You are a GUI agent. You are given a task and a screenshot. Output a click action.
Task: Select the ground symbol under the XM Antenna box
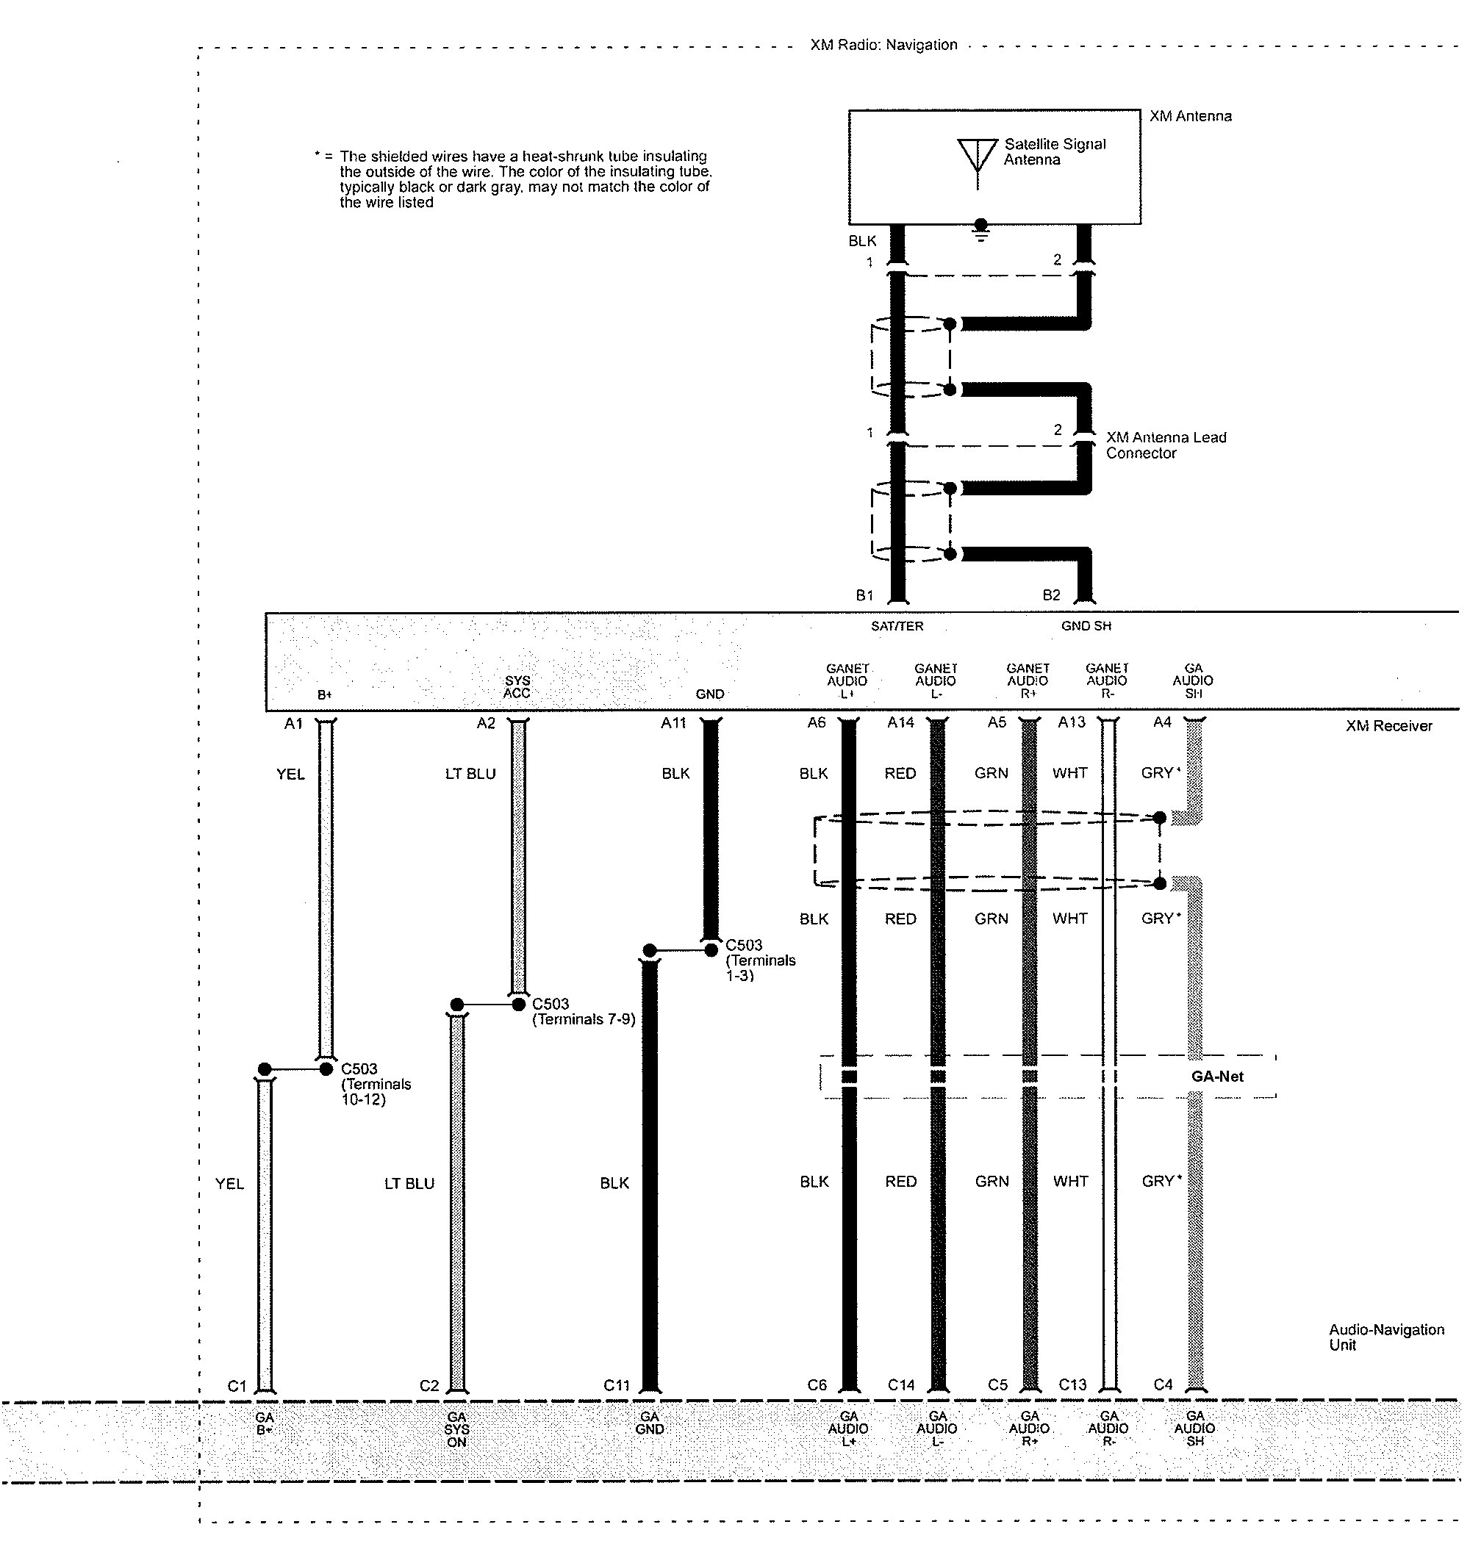tap(980, 231)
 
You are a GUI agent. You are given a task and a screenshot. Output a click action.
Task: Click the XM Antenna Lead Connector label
tap(1166, 445)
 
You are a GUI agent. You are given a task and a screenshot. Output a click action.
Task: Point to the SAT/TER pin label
tap(897, 626)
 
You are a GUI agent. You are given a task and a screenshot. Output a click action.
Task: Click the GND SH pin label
tap(1086, 626)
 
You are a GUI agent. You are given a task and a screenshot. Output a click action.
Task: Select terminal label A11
tap(673, 723)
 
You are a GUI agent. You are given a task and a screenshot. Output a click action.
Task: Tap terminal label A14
tap(900, 722)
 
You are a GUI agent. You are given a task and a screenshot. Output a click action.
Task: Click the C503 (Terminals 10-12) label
tap(376, 1085)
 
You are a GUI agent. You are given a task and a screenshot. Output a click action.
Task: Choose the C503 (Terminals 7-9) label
tap(584, 1011)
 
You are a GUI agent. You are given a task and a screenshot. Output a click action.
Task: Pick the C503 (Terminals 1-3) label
tap(760, 960)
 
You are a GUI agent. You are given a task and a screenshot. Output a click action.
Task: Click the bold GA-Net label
tap(1217, 1077)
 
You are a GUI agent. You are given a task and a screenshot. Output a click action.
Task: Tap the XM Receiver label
tap(1388, 726)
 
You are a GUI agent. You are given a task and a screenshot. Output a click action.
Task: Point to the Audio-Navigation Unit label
tap(1386, 1337)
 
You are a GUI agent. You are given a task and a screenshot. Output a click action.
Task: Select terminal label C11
tap(617, 1385)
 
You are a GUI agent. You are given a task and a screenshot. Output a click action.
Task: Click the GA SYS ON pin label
tap(457, 1430)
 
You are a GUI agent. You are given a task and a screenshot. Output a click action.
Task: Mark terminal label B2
tap(1051, 595)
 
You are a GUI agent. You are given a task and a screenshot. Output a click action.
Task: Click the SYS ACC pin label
tap(517, 687)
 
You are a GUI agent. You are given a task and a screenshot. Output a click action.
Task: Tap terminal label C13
tap(1072, 1384)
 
